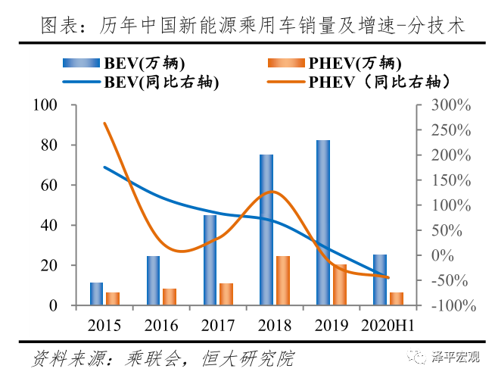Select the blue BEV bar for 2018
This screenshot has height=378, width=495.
[x=266, y=230]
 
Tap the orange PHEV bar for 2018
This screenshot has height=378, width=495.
[x=282, y=280]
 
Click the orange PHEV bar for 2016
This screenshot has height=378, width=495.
[x=169, y=297]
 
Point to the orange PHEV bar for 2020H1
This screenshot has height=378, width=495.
[x=396, y=298]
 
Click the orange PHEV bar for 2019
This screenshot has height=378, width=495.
[x=339, y=285]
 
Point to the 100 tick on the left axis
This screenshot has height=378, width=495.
[x=58, y=105]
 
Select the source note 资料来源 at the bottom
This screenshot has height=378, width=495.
[x=163, y=357]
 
